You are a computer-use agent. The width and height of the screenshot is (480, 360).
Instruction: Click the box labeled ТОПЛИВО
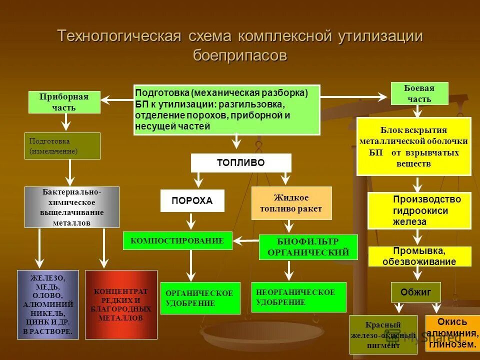(241, 163)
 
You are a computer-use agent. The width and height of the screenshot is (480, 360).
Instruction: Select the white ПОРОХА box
(192, 200)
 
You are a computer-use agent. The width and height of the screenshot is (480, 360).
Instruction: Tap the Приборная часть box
(64, 102)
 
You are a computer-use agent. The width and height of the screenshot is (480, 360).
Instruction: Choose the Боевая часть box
(419, 93)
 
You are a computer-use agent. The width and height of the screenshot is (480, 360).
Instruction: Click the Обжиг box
(415, 292)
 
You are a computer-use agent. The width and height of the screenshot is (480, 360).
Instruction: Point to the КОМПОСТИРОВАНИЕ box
(177, 240)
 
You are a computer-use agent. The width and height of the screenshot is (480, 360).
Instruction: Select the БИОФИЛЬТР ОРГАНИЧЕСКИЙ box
(308, 247)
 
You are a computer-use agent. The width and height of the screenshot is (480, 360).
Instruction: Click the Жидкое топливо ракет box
(291, 203)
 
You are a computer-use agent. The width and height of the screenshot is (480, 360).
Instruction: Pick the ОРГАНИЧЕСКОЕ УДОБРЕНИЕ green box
(200, 298)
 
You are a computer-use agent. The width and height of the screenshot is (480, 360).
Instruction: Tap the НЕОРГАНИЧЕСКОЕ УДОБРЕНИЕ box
(298, 296)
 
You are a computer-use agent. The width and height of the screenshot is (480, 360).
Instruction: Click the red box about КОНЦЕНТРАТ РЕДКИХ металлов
(121, 304)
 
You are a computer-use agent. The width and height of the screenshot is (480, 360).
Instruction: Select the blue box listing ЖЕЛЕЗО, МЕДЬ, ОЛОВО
(48, 304)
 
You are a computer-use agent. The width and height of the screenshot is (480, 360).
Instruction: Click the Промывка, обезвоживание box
(419, 256)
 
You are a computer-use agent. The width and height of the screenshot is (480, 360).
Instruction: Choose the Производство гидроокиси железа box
(419, 210)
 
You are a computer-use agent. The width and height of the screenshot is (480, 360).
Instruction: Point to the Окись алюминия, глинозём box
(452, 332)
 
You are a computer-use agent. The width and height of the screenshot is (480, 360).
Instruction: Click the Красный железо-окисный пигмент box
(382, 334)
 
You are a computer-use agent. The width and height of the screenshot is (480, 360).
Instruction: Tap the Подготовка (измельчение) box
(62, 146)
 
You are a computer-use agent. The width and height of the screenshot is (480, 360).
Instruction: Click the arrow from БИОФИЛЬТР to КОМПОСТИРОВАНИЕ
(245, 241)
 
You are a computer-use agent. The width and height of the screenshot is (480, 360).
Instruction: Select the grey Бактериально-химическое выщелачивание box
(72, 207)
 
